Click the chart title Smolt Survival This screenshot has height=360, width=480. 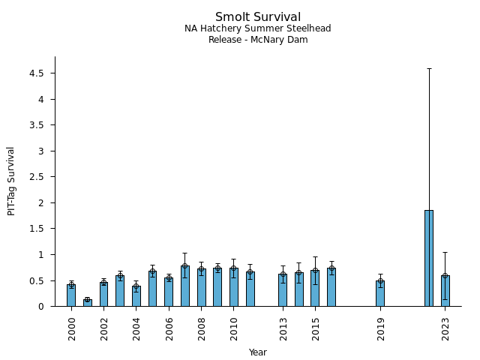pos(258,17)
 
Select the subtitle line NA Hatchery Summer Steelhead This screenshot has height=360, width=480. pos(258,28)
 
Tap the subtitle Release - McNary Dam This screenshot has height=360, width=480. pos(258,40)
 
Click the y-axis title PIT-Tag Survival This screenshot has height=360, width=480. pos(11,181)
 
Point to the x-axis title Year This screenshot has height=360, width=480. pos(258,352)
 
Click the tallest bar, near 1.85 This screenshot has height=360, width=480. pos(429,258)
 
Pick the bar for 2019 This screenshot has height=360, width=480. pos(380,293)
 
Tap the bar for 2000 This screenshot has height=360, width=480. pos(71,295)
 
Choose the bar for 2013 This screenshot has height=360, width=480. pos(283,290)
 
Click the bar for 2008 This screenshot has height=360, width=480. pos(202,287)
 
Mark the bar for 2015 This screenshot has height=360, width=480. pos(315,288)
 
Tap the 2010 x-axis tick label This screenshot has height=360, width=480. pos(234,328)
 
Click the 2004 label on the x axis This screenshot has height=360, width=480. pos(136,328)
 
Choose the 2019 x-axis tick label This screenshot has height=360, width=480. pos(381,328)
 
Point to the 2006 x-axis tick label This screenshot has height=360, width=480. pos(169,328)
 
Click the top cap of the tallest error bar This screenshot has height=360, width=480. pos(429,68)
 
